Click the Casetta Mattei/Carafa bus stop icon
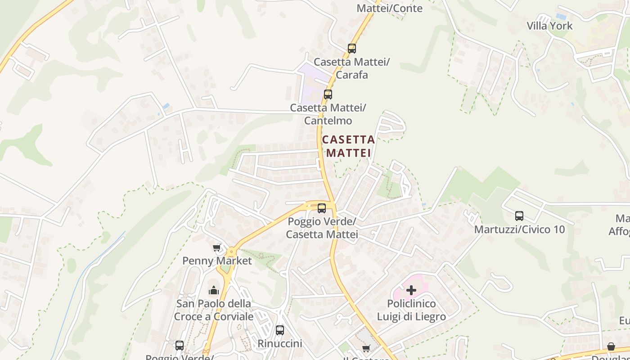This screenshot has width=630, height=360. click(352, 48)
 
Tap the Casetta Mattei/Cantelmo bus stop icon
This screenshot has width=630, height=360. click(328, 94)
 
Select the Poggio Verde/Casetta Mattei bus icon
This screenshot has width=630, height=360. click(322, 208)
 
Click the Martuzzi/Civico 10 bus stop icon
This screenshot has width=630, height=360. click(519, 216)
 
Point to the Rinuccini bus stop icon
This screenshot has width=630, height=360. click(280, 330)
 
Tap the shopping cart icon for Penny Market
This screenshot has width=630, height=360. click(217, 247)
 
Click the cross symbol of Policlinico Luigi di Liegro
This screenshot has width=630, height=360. click(411, 290)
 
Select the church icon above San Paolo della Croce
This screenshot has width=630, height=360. click(214, 290)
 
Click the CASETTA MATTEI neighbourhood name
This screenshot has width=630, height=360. click(349, 146)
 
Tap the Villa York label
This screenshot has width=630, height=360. click(549, 26)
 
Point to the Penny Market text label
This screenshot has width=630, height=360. click(217, 261)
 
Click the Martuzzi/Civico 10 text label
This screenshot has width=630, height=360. click(519, 229)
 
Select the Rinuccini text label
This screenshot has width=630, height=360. click(280, 343)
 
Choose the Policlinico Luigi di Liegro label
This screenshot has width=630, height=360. click(411, 310)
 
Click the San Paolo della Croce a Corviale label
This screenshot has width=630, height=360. click(214, 310)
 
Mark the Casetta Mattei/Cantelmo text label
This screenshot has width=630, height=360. click(328, 114)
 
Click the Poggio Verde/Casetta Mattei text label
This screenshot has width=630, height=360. click(322, 228)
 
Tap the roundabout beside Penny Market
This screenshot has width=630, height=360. click(231, 252)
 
